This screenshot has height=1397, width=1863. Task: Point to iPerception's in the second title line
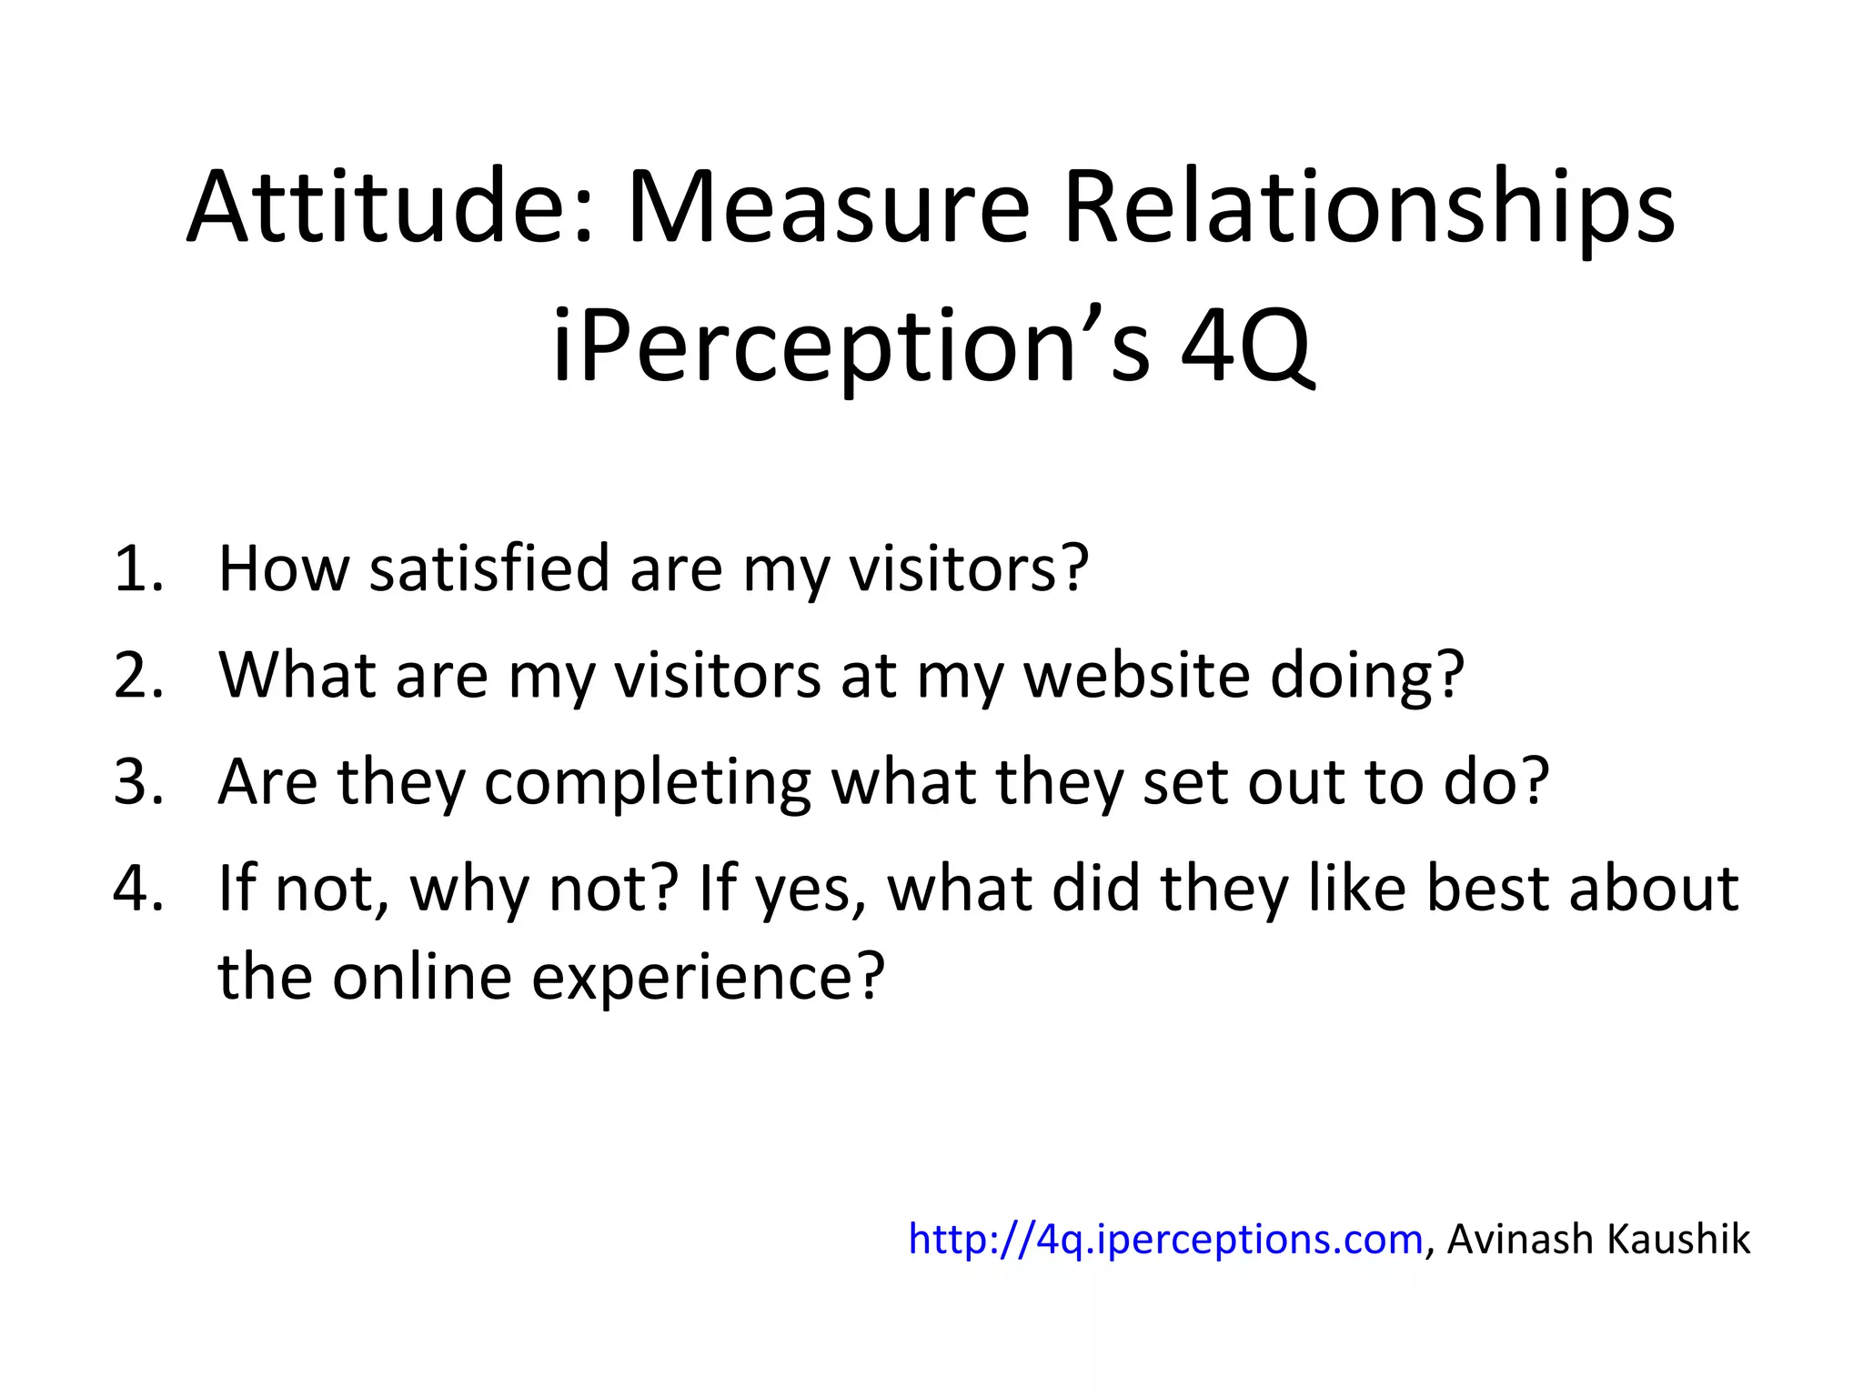(x=851, y=346)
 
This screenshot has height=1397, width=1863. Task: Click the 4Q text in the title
(x=1246, y=346)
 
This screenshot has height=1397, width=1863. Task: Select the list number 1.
(x=136, y=569)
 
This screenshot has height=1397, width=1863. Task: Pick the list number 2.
(x=136, y=676)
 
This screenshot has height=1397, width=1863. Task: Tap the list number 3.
(x=136, y=782)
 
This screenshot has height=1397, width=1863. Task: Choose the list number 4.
(x=136, y=889)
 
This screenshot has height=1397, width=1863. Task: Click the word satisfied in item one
(x=488, y=569)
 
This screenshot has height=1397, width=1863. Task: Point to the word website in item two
(x=1137, y=676)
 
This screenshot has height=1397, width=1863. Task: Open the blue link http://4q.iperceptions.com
(x=1165, y=1240)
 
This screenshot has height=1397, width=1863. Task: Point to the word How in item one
(x=283, y=569)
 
